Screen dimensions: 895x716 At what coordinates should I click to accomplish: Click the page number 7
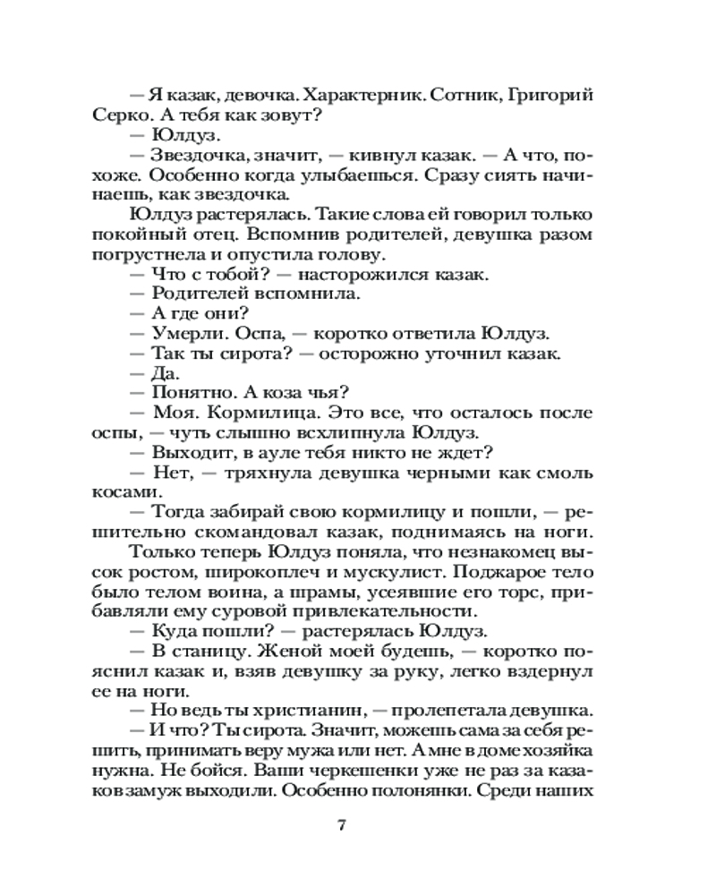click(341, 825)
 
